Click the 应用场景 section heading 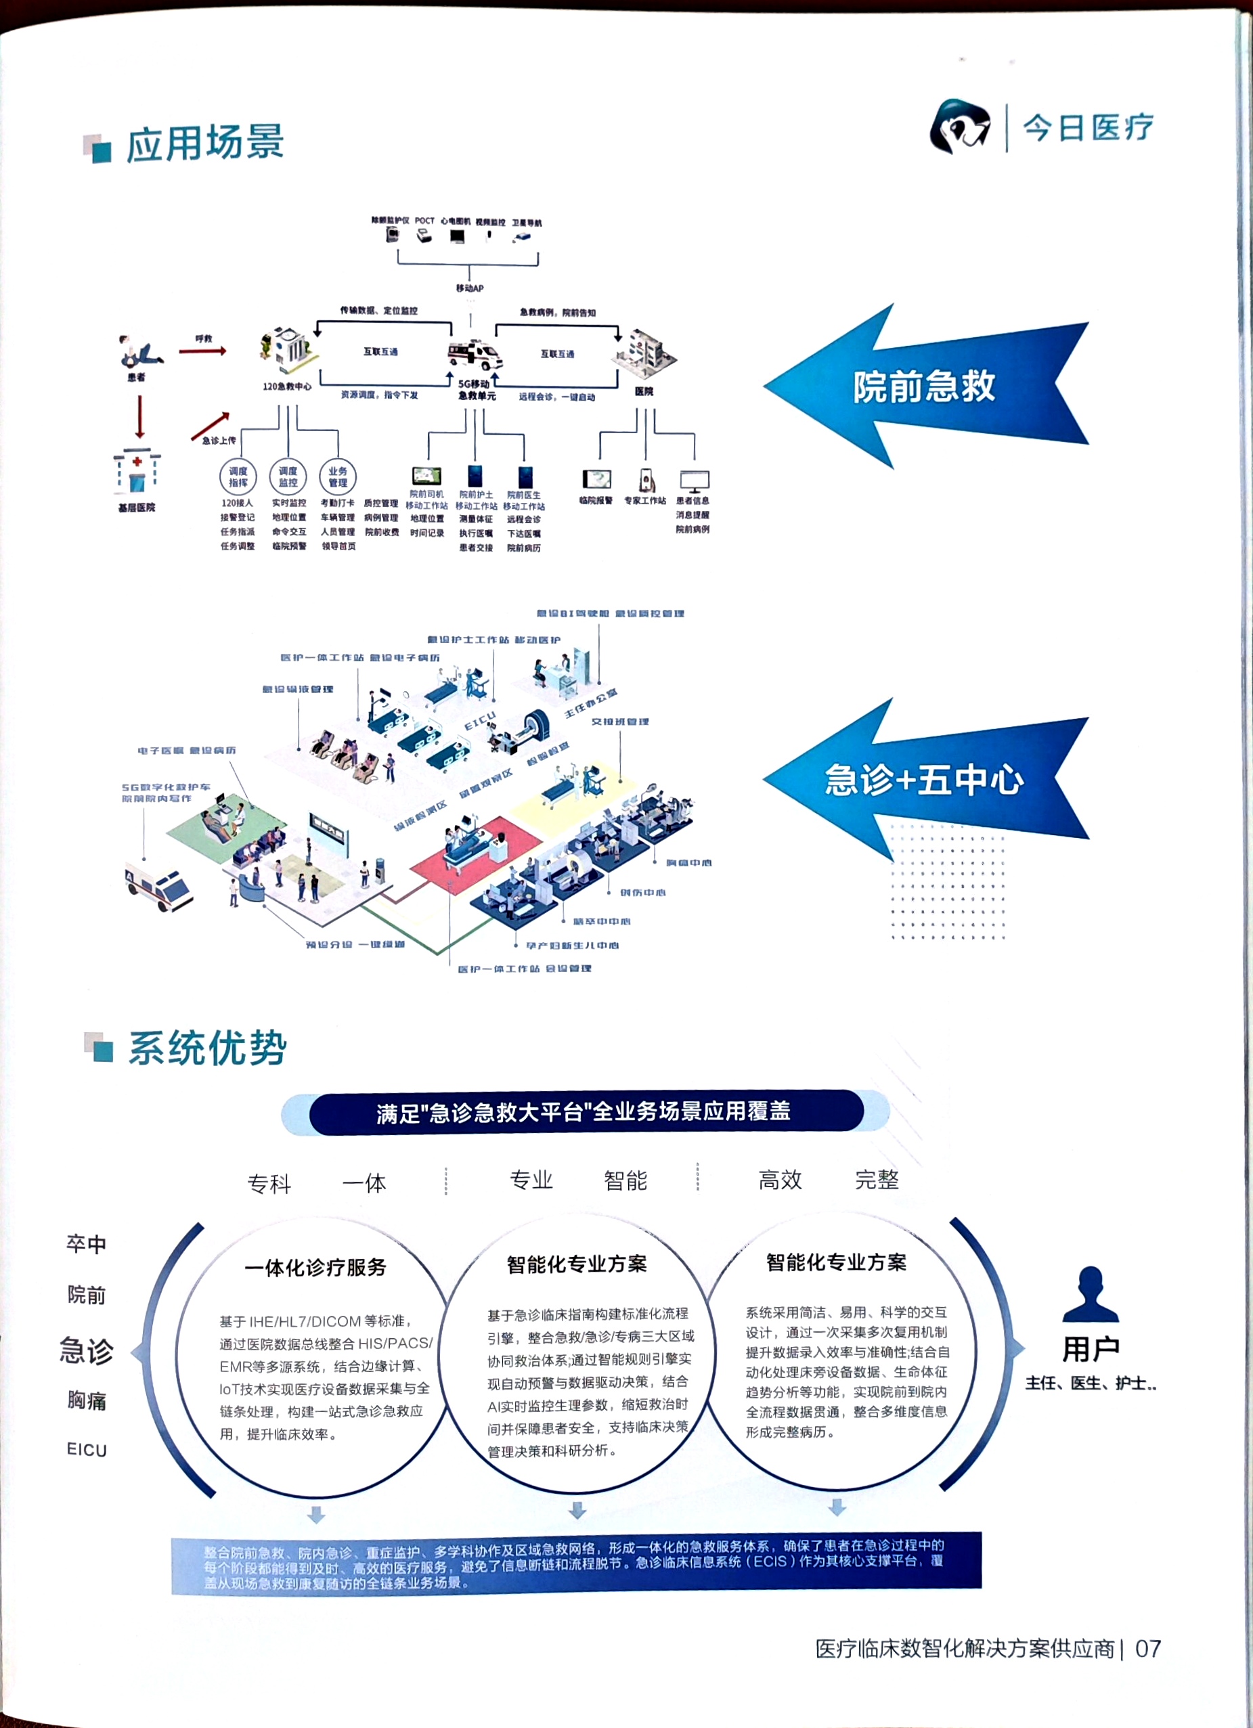[204, 144]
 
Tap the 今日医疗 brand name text [1088, 127]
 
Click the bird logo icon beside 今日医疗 [960, 127]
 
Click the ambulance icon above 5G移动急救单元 [474, 355]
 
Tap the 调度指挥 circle [238, 477]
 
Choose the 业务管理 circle [338, 477]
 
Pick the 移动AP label [470, 288]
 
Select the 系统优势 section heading [207, 1048]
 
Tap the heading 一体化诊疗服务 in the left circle [315, 1267]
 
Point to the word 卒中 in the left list [86, 1244]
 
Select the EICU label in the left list [87, 1449]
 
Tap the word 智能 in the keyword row [625, 1180]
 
